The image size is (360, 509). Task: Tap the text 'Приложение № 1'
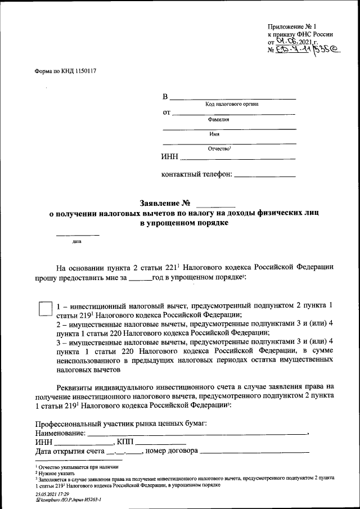(x=292, y=26)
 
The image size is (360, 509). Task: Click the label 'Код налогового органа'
(x=232, y=105)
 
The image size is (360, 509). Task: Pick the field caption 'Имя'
(x=214, y=134)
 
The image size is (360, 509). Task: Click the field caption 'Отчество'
(x=219, y=148)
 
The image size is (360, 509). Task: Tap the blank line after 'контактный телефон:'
(x=264, y=176)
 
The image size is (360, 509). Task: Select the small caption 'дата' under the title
(x=76, y=242)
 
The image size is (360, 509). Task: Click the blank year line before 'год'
(x=140, y=278)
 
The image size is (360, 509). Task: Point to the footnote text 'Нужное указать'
(x=54, y=473)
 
